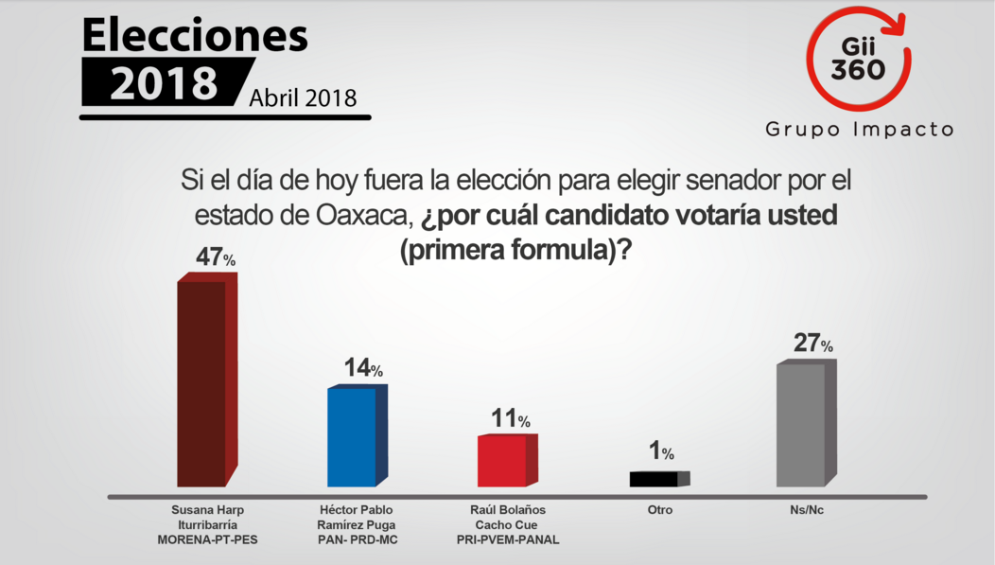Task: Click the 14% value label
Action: coord(361,369)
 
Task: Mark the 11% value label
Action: coord(510,419)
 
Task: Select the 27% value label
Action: coord(812,344)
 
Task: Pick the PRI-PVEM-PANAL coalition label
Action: coord(508,540)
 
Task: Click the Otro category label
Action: coord(659,510)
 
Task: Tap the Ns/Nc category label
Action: coord(810,510)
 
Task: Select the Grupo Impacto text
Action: coord(859,130)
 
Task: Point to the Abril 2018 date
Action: coord(304,97)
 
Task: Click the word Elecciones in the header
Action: coord(195,35)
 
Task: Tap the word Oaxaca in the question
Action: coord(362,216)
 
